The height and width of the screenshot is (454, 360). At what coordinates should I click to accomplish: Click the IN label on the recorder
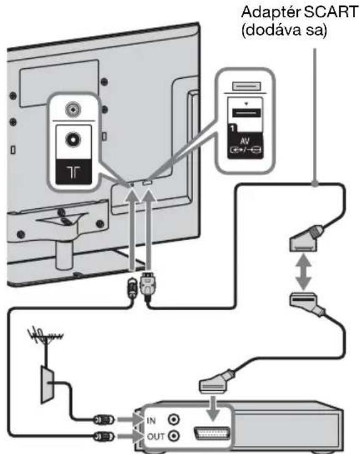coord(151,420)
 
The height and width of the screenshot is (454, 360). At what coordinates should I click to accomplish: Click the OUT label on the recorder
coord(156,436)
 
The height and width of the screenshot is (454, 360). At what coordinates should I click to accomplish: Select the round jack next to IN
coord(174,420)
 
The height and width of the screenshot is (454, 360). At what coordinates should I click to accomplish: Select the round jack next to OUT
coord(174,436)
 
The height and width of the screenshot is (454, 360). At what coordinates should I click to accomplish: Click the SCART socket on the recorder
coord(212,434)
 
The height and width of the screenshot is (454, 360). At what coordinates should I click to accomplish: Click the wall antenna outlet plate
coord(47,385)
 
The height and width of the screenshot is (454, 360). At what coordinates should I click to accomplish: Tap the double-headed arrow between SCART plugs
coord(303,272)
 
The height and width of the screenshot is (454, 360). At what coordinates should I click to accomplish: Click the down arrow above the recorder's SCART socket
coord(213,408)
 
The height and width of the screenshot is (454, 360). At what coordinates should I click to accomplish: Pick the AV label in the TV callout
coord(246,141)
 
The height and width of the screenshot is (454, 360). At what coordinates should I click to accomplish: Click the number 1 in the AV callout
coord(232,128)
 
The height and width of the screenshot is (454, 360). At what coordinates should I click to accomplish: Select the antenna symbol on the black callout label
coord(74,172)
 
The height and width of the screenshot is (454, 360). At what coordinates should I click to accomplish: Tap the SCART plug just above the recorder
coord(216,381)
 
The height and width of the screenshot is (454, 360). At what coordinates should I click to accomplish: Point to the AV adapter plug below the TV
coord(147,285)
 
